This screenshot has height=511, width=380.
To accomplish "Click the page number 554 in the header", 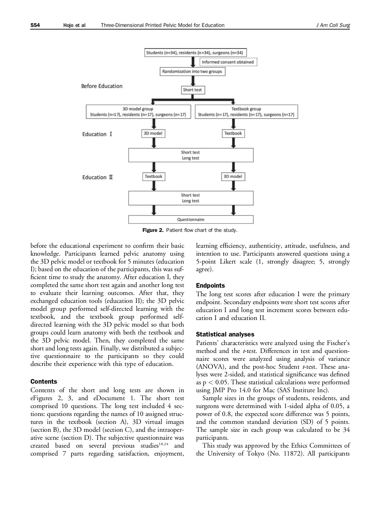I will point(35,25).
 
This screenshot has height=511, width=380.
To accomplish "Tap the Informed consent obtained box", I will point(228,62).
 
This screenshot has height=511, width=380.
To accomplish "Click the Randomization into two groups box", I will point(192,72).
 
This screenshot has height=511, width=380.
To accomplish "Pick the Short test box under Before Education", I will point(192,90).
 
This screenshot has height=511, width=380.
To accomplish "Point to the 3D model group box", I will point(138,112).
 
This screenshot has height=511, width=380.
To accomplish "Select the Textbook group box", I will point(246,112).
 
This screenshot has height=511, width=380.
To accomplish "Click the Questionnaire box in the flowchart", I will point(191,220).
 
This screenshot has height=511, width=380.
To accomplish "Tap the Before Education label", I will point(102,86).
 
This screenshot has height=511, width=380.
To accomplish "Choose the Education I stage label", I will point(97,134).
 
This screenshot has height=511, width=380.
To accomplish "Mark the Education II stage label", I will point(98,177).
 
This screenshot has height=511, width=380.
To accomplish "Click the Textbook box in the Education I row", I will point(233,133).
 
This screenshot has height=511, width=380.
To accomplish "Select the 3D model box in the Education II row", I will point(233,176).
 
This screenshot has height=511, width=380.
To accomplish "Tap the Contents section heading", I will point(44,382).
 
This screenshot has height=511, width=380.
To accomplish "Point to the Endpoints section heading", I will point(211,285).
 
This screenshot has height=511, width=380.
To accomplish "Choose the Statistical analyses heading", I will point(225,335).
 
